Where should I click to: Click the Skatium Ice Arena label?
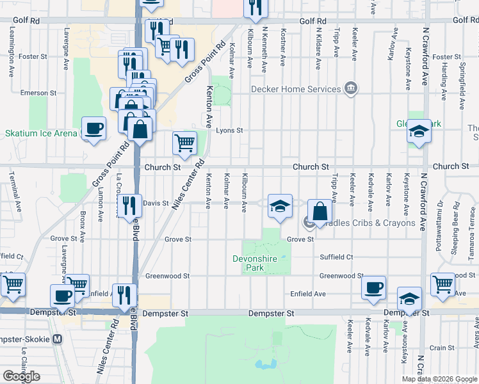click(x=41, y=134)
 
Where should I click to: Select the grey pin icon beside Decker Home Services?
click(x=350, y=88)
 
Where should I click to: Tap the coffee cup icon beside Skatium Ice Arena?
click(x=93, y=128)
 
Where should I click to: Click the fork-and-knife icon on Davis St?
click(x=129, y=205)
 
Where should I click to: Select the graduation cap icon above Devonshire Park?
click(x=280, y=206)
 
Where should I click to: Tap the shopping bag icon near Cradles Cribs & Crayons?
click(x=319, y=211)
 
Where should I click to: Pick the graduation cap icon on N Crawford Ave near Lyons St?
click(x=419, y=131)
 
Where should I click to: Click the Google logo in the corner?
click(x=21, y=376)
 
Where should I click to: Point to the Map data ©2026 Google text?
click(x=440, y=379)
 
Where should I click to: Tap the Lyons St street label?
click(x=229, y=131)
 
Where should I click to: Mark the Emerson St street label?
click(x=34, y=93)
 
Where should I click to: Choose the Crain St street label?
click(x=442, y=348)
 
